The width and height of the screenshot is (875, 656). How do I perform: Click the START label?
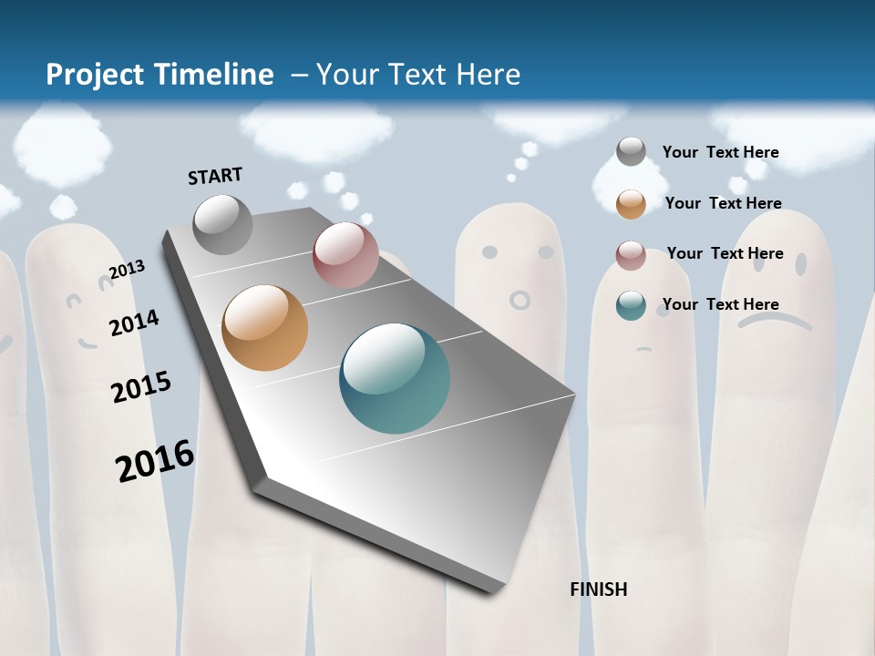point(215,176)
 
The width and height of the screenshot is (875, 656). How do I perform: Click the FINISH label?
point(598,589)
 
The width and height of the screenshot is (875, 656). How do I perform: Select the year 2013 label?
point(127,270)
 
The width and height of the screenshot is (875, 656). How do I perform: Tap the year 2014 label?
point(134,323)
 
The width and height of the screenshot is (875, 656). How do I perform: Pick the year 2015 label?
point(141,387)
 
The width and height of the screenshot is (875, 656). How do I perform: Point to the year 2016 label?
point(155,461)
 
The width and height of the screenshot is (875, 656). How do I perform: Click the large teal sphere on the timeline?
point(395,378)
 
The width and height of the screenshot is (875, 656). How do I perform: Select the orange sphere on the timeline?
point(264,328)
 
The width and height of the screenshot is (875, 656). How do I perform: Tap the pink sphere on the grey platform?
point(345,254)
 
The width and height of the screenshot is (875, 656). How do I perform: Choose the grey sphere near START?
point(222,224)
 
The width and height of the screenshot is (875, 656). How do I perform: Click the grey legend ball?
point(631,151)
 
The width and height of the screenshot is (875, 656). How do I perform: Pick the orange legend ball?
point(631,204)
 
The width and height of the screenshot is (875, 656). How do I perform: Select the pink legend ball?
point(631,255)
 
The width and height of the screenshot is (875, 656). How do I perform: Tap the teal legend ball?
point(631,305)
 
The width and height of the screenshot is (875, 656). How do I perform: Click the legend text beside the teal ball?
point(720,304)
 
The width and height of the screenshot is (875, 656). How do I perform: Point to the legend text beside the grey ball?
point(720,152)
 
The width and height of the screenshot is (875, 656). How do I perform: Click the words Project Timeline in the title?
point(160,75)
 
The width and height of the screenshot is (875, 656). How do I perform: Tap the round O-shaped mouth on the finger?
point(520,299)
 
